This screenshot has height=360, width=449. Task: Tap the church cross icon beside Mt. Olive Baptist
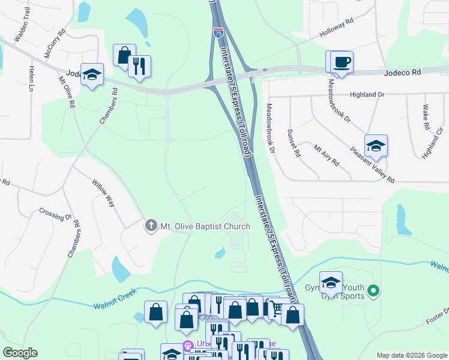coord(151,226)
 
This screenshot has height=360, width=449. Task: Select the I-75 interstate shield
coord(218,32)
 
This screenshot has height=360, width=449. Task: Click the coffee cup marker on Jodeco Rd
coord(342,62)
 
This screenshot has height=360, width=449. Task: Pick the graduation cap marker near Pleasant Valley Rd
coord(376,146)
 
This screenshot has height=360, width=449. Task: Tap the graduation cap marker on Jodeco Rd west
coord(92,74)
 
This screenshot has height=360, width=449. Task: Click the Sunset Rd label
coord(294,143)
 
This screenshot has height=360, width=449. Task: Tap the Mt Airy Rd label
coord(327,154)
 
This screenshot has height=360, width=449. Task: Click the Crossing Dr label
coord(55,212)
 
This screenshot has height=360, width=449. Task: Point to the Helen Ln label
coord(31,79)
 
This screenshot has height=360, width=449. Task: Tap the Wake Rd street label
coord(425,118)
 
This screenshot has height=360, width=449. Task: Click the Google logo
coord(20,352)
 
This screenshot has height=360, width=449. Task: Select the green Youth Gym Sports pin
coord(373,292)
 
